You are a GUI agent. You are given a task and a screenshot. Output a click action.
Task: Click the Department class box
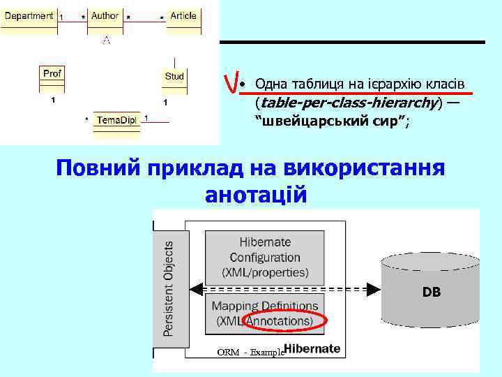[x=29, y=20]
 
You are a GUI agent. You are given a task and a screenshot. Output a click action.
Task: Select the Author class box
[x=105, y=20]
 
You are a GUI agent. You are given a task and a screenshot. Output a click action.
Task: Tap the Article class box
[x=183, y=20]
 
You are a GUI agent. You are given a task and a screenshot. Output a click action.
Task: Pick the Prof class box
[x=52, y=78]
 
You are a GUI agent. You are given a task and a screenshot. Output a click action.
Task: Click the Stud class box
[x=174, y=80]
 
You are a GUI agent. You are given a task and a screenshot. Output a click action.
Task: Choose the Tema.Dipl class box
[x=116, y=121]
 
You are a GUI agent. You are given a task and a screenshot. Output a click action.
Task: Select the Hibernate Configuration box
[x=265, y=256]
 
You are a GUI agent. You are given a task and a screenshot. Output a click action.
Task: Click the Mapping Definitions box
[x=265, y=313]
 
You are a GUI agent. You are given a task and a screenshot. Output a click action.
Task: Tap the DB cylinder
[x=431, y=292]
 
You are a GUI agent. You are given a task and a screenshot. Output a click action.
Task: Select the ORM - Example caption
[x=251, y=352]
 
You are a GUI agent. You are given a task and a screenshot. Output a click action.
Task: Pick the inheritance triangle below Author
[x=106, y=40]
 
